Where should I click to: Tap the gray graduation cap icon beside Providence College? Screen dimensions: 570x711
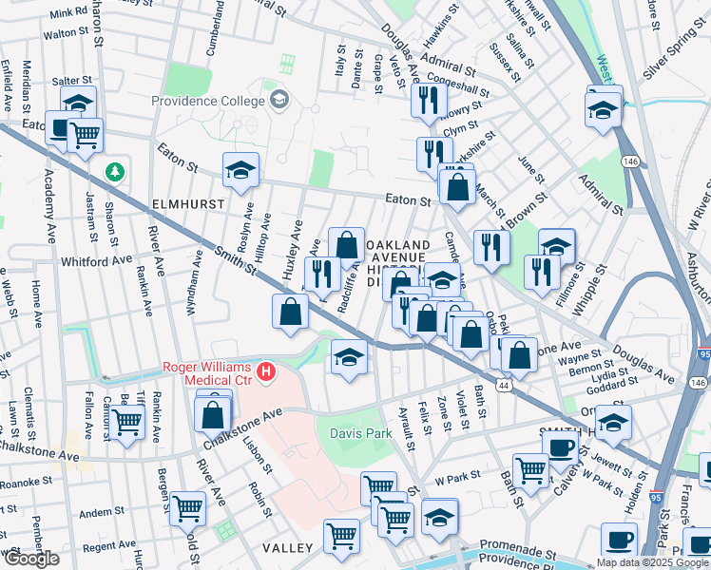pos(279,99)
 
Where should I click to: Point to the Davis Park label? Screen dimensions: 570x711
pos(360,433)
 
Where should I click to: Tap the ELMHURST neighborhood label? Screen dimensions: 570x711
pos(186,204)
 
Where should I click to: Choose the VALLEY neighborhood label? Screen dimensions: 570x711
pos(289,548)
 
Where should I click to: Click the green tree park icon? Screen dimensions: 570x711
pos(115,172)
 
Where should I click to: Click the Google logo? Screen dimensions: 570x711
pos(31,559)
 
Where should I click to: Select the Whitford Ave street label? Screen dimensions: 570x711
pos(96,260)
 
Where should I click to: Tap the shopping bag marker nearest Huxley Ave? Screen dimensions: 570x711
pos(290,312)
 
